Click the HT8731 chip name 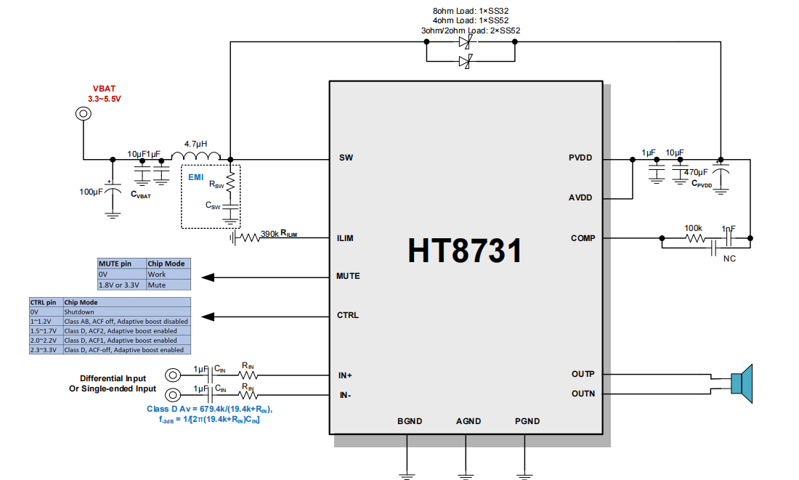coord(466,251)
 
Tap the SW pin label coord(346,158)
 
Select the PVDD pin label coord(581,158)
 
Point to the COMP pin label coord(583,238)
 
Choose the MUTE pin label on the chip coord(348,276)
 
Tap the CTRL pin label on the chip coord(347,315)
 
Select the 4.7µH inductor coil coord(196,156)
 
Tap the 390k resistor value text coord(269,233)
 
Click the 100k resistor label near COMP coord(694,227)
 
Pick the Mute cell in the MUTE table coord(156,285)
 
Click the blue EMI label coord(196,177)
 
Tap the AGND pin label coord(468,421)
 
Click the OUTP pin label coord(583,374)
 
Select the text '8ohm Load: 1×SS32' coord(470,11)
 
